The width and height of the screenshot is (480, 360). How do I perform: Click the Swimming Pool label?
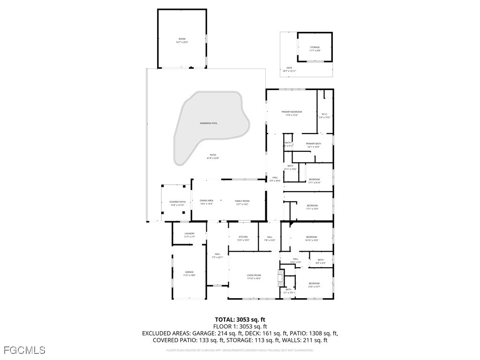pos(209,123)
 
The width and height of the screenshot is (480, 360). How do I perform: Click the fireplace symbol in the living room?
pos(281,277)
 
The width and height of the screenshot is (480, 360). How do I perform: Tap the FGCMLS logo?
pos(24,350)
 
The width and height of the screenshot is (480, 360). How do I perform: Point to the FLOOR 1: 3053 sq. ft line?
pos(240,327)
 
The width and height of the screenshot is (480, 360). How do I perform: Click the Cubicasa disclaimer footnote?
pos(240,350)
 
